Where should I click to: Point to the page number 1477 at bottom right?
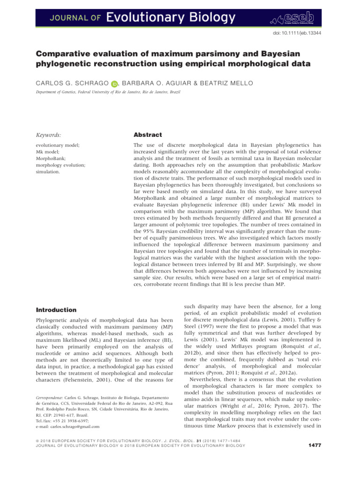click(311, 458)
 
